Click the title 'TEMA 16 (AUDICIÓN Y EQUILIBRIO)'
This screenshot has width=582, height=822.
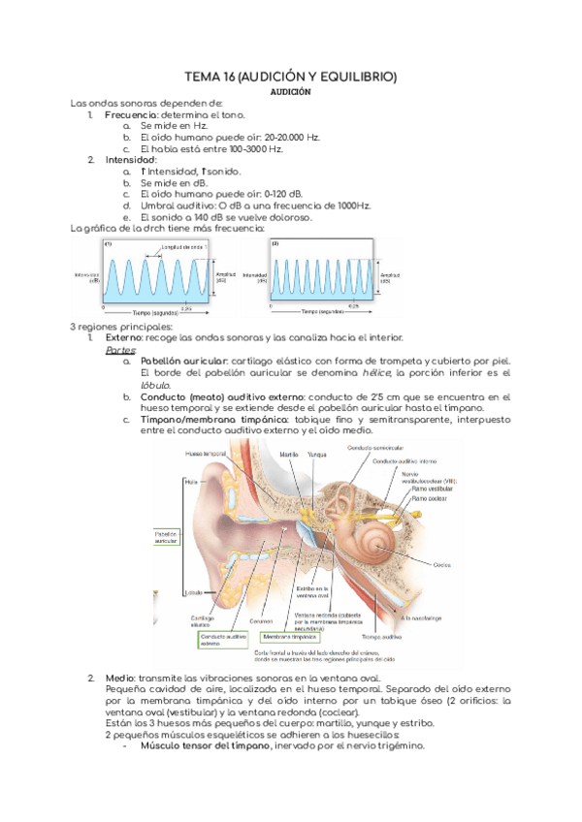tap(290, 77)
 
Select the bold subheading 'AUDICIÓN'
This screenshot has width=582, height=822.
tap(290, 92)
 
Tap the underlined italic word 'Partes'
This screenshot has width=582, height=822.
tap(120, 350)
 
